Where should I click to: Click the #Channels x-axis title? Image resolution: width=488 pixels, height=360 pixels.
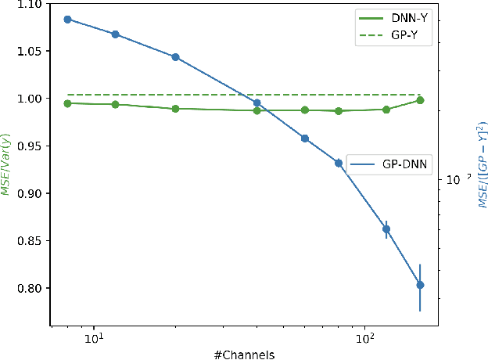pos(244,354)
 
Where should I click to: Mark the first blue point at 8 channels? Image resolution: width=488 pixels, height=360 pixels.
pos(67,19)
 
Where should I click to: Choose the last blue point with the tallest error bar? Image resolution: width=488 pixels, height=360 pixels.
pos(420,285)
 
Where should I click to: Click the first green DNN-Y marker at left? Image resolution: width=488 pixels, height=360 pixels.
pos(67,103)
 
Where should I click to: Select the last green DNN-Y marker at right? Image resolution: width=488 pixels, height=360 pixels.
pos(420,100)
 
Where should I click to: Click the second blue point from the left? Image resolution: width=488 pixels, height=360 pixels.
pos(115,34)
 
